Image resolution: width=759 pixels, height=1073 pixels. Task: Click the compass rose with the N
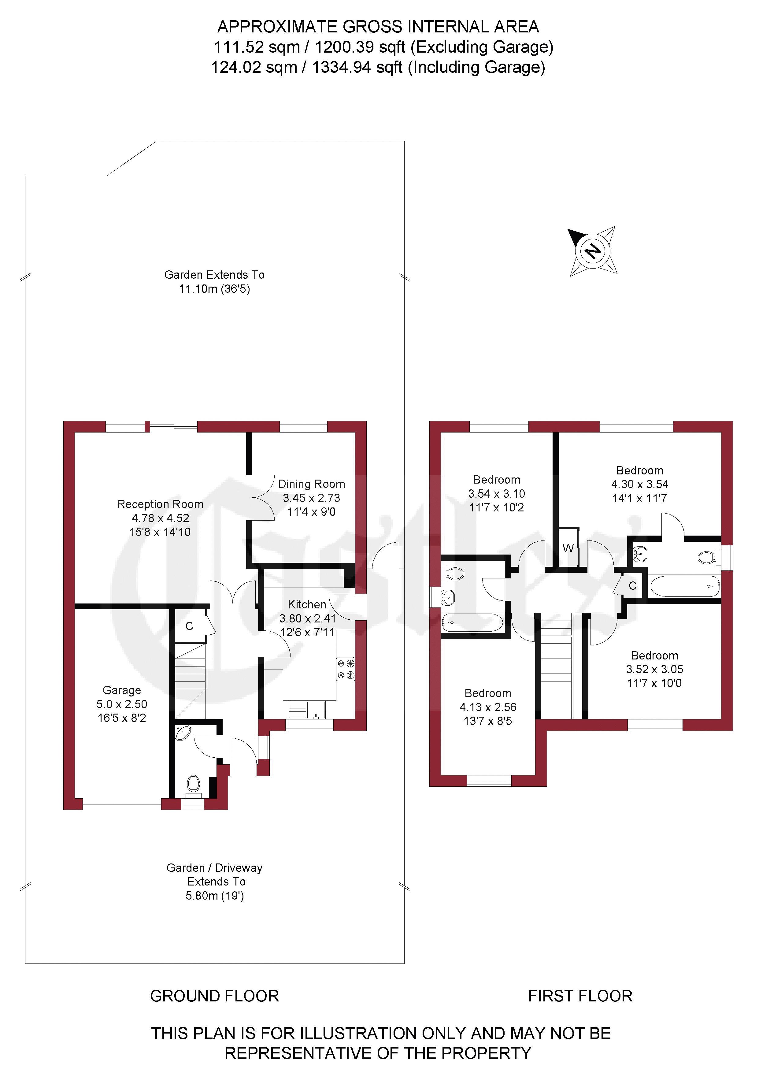pyautogui.click(x=593, y=251)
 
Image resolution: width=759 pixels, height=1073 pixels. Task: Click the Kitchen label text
pyautogui.click(x=307, y=604)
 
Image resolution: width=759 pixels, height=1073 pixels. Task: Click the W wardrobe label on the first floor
pyautogui.click(x=568, y=548)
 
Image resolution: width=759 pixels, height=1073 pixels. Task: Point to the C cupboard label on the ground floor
pyautogui.click(x=189, y=626)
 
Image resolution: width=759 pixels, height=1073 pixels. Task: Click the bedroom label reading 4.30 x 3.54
pyautogui.click(x=639, y=484)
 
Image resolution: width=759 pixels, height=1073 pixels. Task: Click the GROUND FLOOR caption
pyautogui.click(x=215, y=996)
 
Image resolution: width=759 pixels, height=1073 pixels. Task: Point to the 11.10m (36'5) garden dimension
pyautogui.click(x=215, y=289)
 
